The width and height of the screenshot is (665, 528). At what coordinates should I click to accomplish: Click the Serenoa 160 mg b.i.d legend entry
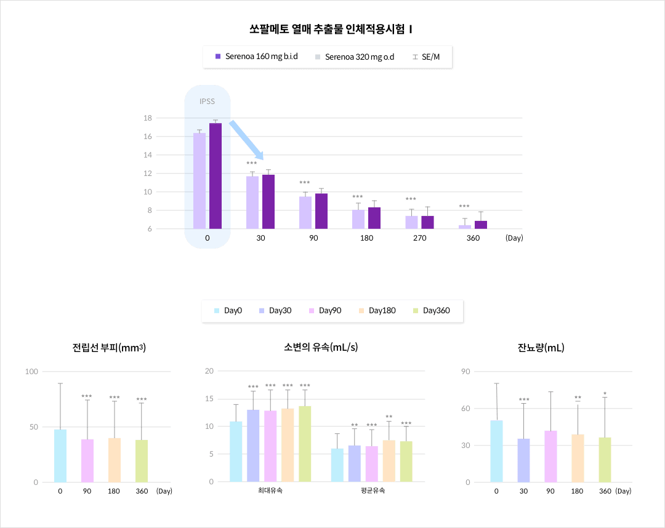[256, 57]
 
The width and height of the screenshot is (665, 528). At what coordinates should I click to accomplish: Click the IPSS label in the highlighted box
[208, 102]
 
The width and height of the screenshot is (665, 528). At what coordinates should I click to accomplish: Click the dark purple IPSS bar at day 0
[215, 176]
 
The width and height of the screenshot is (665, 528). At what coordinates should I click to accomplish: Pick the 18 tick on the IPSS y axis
[148, 118]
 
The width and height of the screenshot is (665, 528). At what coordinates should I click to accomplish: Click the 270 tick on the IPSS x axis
[420, 238]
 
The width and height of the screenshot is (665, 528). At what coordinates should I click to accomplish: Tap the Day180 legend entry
[376, 311]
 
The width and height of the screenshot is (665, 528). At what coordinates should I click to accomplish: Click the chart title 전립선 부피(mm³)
[108, 348]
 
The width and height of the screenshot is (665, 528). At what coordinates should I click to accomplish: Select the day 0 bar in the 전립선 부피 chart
[60, 455]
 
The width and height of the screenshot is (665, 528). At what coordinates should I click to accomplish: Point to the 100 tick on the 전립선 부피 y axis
[31, 372]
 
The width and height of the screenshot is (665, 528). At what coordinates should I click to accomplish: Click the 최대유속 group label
[270, 491]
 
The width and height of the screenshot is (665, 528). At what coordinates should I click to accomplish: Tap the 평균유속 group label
[372, 491]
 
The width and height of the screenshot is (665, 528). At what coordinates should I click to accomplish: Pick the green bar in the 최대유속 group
[305, 444]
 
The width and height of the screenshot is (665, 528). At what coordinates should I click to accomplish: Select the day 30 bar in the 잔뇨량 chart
[523, 460]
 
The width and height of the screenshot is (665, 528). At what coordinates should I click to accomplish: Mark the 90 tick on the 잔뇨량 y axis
[466, 372]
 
